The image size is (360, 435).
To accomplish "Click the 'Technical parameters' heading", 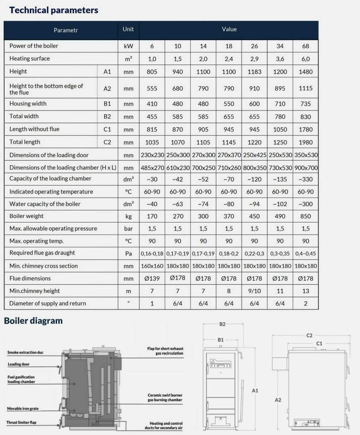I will pos(51,9).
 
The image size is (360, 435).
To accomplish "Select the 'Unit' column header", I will pos(128,29).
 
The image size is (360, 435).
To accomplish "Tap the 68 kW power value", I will pos(305,46).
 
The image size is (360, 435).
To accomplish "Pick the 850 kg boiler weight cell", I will pos(305,217).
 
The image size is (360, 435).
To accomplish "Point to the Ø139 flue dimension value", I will pos(152,278).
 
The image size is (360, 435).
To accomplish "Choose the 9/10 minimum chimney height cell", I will pos(255,291).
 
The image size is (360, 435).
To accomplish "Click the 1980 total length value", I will pos(305,142).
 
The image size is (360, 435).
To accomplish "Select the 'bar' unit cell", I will pos(128,229).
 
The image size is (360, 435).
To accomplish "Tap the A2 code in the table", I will pos(107,89).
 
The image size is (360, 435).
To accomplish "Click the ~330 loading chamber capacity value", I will pos(305,179).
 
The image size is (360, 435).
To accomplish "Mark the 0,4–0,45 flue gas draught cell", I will pos(305,254).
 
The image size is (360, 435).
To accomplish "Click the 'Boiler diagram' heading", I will pos(33,321).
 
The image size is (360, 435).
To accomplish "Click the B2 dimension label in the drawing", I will pos(222,324).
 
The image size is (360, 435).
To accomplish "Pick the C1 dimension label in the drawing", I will pos(319,343).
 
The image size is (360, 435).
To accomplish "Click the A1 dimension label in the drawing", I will pos(255,390).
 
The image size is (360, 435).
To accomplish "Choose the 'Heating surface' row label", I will pos(30,59).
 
